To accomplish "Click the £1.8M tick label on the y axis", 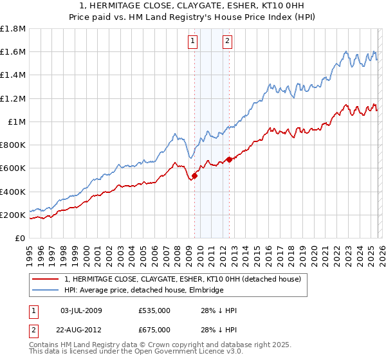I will click(13, 29).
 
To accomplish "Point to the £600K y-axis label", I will click(13, 168).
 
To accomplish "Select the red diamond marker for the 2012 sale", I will click(230, 159).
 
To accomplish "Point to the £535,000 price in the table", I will click(154, 310).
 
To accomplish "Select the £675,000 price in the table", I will click(154, 330).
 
